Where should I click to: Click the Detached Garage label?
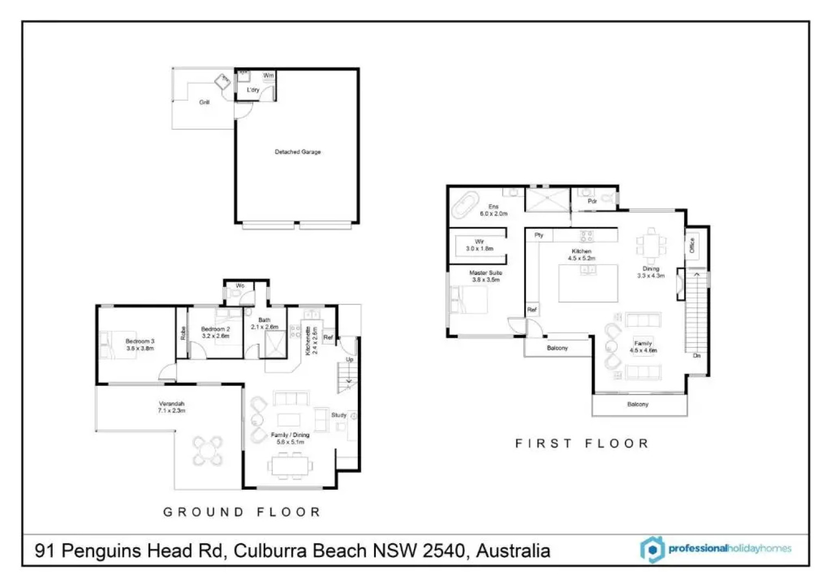coord(297,152)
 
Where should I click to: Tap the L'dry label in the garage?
coord(253,90)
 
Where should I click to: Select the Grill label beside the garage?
coord(204,102)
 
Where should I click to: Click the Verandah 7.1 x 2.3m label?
coord(171,407)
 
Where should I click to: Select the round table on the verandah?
coord(208,451)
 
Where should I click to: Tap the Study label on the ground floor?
coord(339,415)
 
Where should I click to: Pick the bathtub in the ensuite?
coord(463,205)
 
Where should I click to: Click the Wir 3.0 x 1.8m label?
coord(479,245)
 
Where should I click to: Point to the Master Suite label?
coord(486,276)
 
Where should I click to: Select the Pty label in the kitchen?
coord(538,235)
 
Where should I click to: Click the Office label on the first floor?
coord(692,246)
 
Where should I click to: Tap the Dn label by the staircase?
coord(697,355)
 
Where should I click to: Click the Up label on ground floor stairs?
coord(350,359)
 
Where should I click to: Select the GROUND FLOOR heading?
coord(243,512)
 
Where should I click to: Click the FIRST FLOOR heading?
coord(582,444)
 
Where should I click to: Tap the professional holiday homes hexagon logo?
coord(652,549)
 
